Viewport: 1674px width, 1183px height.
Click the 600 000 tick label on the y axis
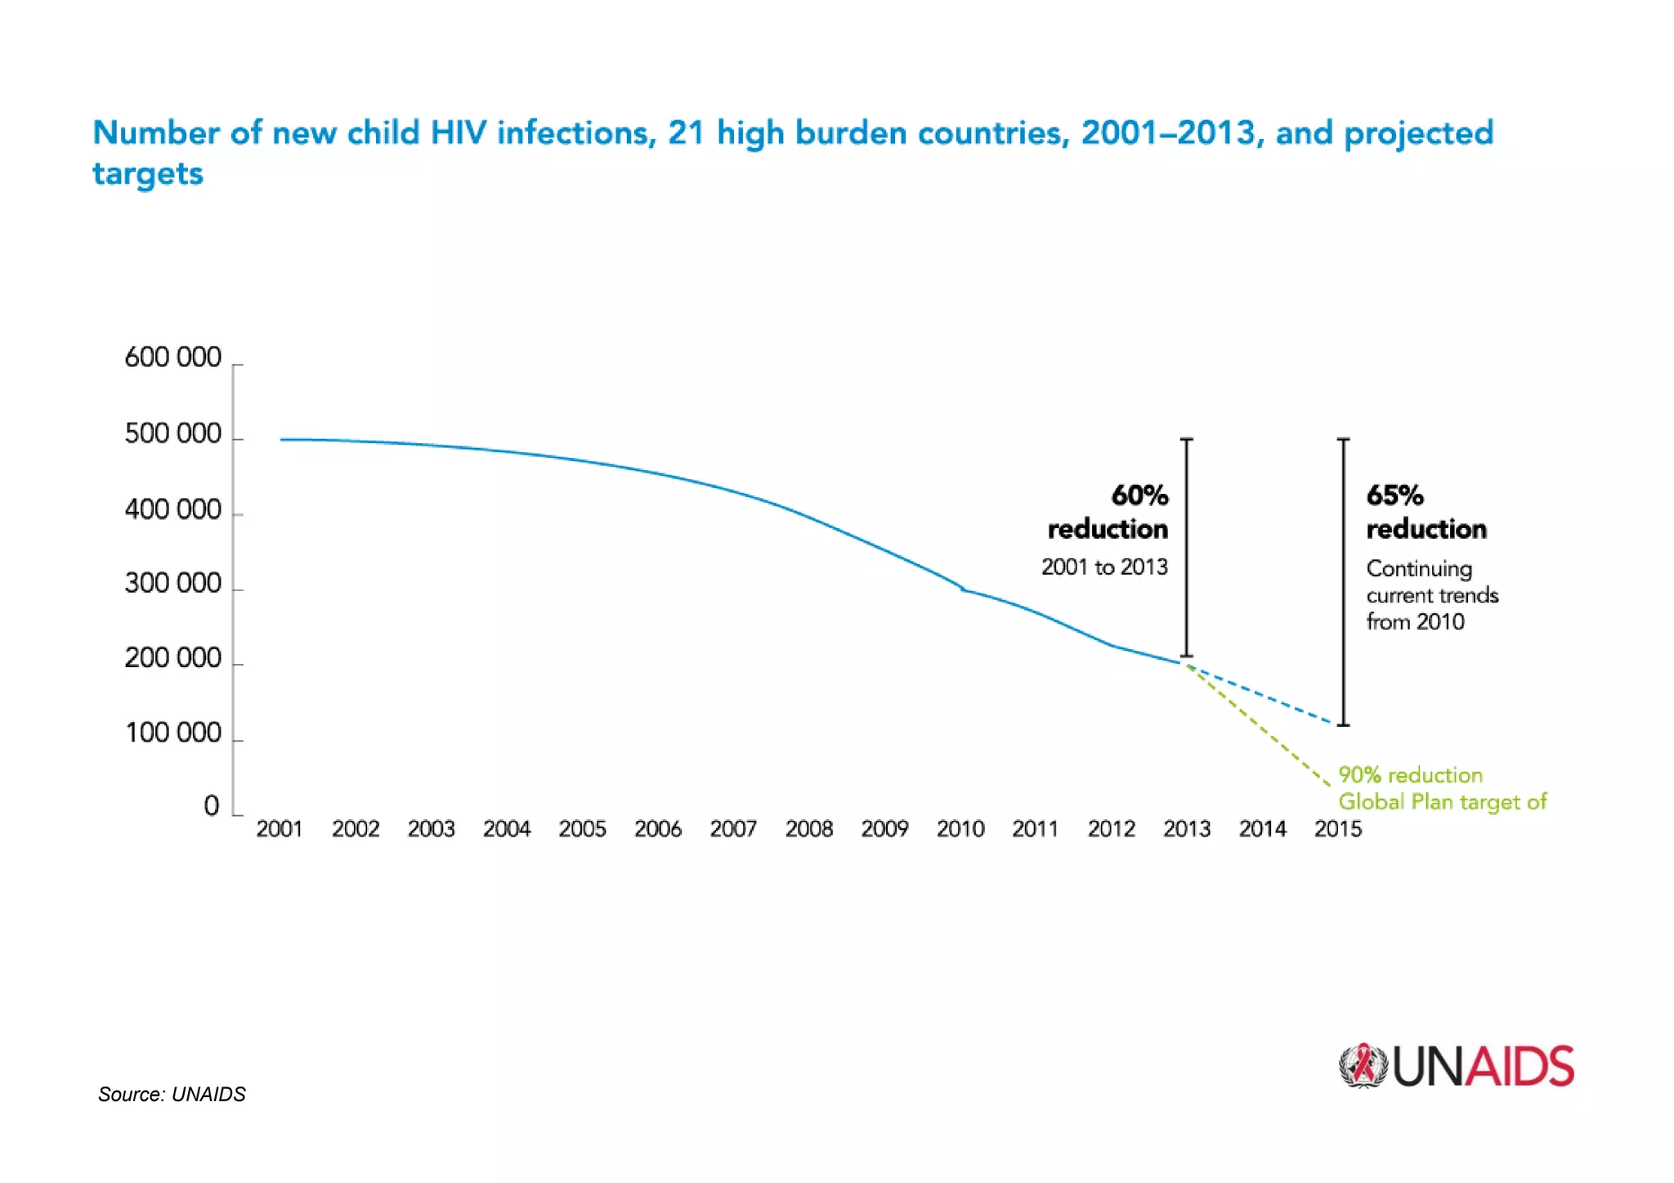pyautogui.click(x=172, y=357)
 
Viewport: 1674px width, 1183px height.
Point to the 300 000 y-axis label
pyautogui.click(x=172, y=583)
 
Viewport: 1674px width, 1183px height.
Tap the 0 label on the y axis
pyautogui.click(x=212, y=806)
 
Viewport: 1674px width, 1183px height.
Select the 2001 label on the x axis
pyautogui.click(x=280, y=829)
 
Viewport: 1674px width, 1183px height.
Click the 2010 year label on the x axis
pyautogui.click(x=960, y=829)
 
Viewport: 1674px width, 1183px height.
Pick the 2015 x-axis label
pyautogui.click(x=1337, y=829)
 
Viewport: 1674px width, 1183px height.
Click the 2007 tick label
pyautogui.click(x=733, y=829)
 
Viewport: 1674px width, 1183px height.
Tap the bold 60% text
pyautogui.click(x=1139, y=495)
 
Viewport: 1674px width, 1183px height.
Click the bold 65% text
pyautogui.click(x=1394, y=495)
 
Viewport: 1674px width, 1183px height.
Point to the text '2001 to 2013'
pyautogui.click(x=1104, y=567)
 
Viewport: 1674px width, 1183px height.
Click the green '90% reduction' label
pyautogui.click(x=1410, y=774)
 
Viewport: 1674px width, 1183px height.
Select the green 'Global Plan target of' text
pyautogui.click(x=1442, y=801)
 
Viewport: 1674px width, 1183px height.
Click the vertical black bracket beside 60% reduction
pyautogui.click(x=1187, y=548)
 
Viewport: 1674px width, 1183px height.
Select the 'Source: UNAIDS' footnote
pyautogui.click(x=172, y=1094)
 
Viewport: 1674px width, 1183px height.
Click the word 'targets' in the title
pyautogui.click(x=148, y=174)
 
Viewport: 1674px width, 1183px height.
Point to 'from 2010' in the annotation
pyautogui.click(x=1415, y=621)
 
